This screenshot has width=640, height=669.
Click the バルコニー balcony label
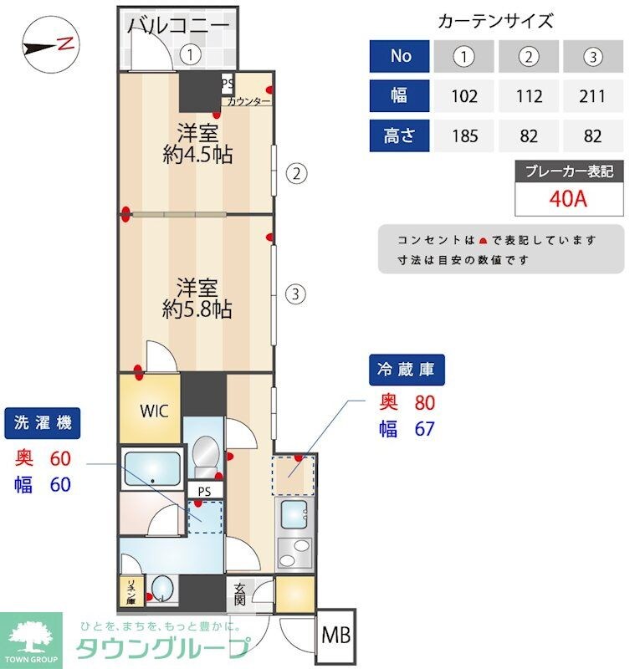(x=178, y=25)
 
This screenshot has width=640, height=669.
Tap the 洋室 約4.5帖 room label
(x=197, y=143)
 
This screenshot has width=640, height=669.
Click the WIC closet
(x=154, y=411)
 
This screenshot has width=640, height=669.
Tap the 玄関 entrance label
(x=240, y=595)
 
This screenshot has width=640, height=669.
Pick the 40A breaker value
(x=570, y=201)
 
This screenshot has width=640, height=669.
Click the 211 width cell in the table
(x=592, y=96)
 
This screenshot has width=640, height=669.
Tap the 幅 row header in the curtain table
(x=400, y=96)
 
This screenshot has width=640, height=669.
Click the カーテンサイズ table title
(x=495, y=22)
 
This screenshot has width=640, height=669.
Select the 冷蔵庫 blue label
(x=407, y=369)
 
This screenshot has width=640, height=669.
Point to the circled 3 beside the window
(x=295, y=294)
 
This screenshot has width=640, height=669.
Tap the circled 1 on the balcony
(x=192, y=55)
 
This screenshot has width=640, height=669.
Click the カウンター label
(x=249, y=102)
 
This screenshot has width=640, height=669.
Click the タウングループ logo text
(x=162, y=648)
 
